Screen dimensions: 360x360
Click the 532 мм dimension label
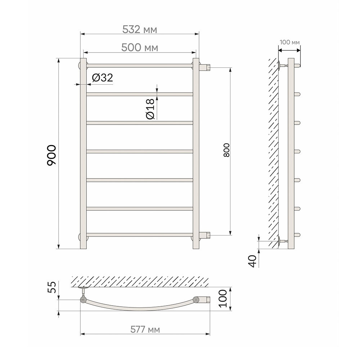[x=140, y=30]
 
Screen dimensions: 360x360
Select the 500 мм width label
[x=140, y=48]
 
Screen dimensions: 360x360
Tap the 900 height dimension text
[x=51, y=156]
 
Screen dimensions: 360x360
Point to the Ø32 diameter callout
[x=102, y=78]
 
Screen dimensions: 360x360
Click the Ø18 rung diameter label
[x=150, y=109]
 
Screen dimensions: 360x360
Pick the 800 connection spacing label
[x=226, y=150]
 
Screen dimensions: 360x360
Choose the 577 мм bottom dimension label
[x=145, y=330]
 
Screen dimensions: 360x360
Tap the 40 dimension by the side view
[x=253, y=261]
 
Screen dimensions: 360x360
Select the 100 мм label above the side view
[x=290, y=42]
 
